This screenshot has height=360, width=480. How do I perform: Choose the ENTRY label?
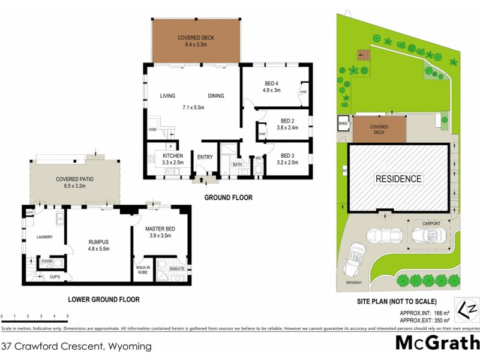coord(205,157)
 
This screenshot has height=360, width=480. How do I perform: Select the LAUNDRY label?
coord(44,237)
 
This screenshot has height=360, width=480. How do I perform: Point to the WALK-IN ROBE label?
coord(142,269)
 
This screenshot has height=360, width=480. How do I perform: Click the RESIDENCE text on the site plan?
coord(398,178)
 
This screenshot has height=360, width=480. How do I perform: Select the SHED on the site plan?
coord(343,124)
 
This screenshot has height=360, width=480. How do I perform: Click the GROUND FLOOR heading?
coord(229,197)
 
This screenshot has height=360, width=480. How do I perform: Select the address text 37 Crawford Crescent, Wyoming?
coord(76,346)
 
